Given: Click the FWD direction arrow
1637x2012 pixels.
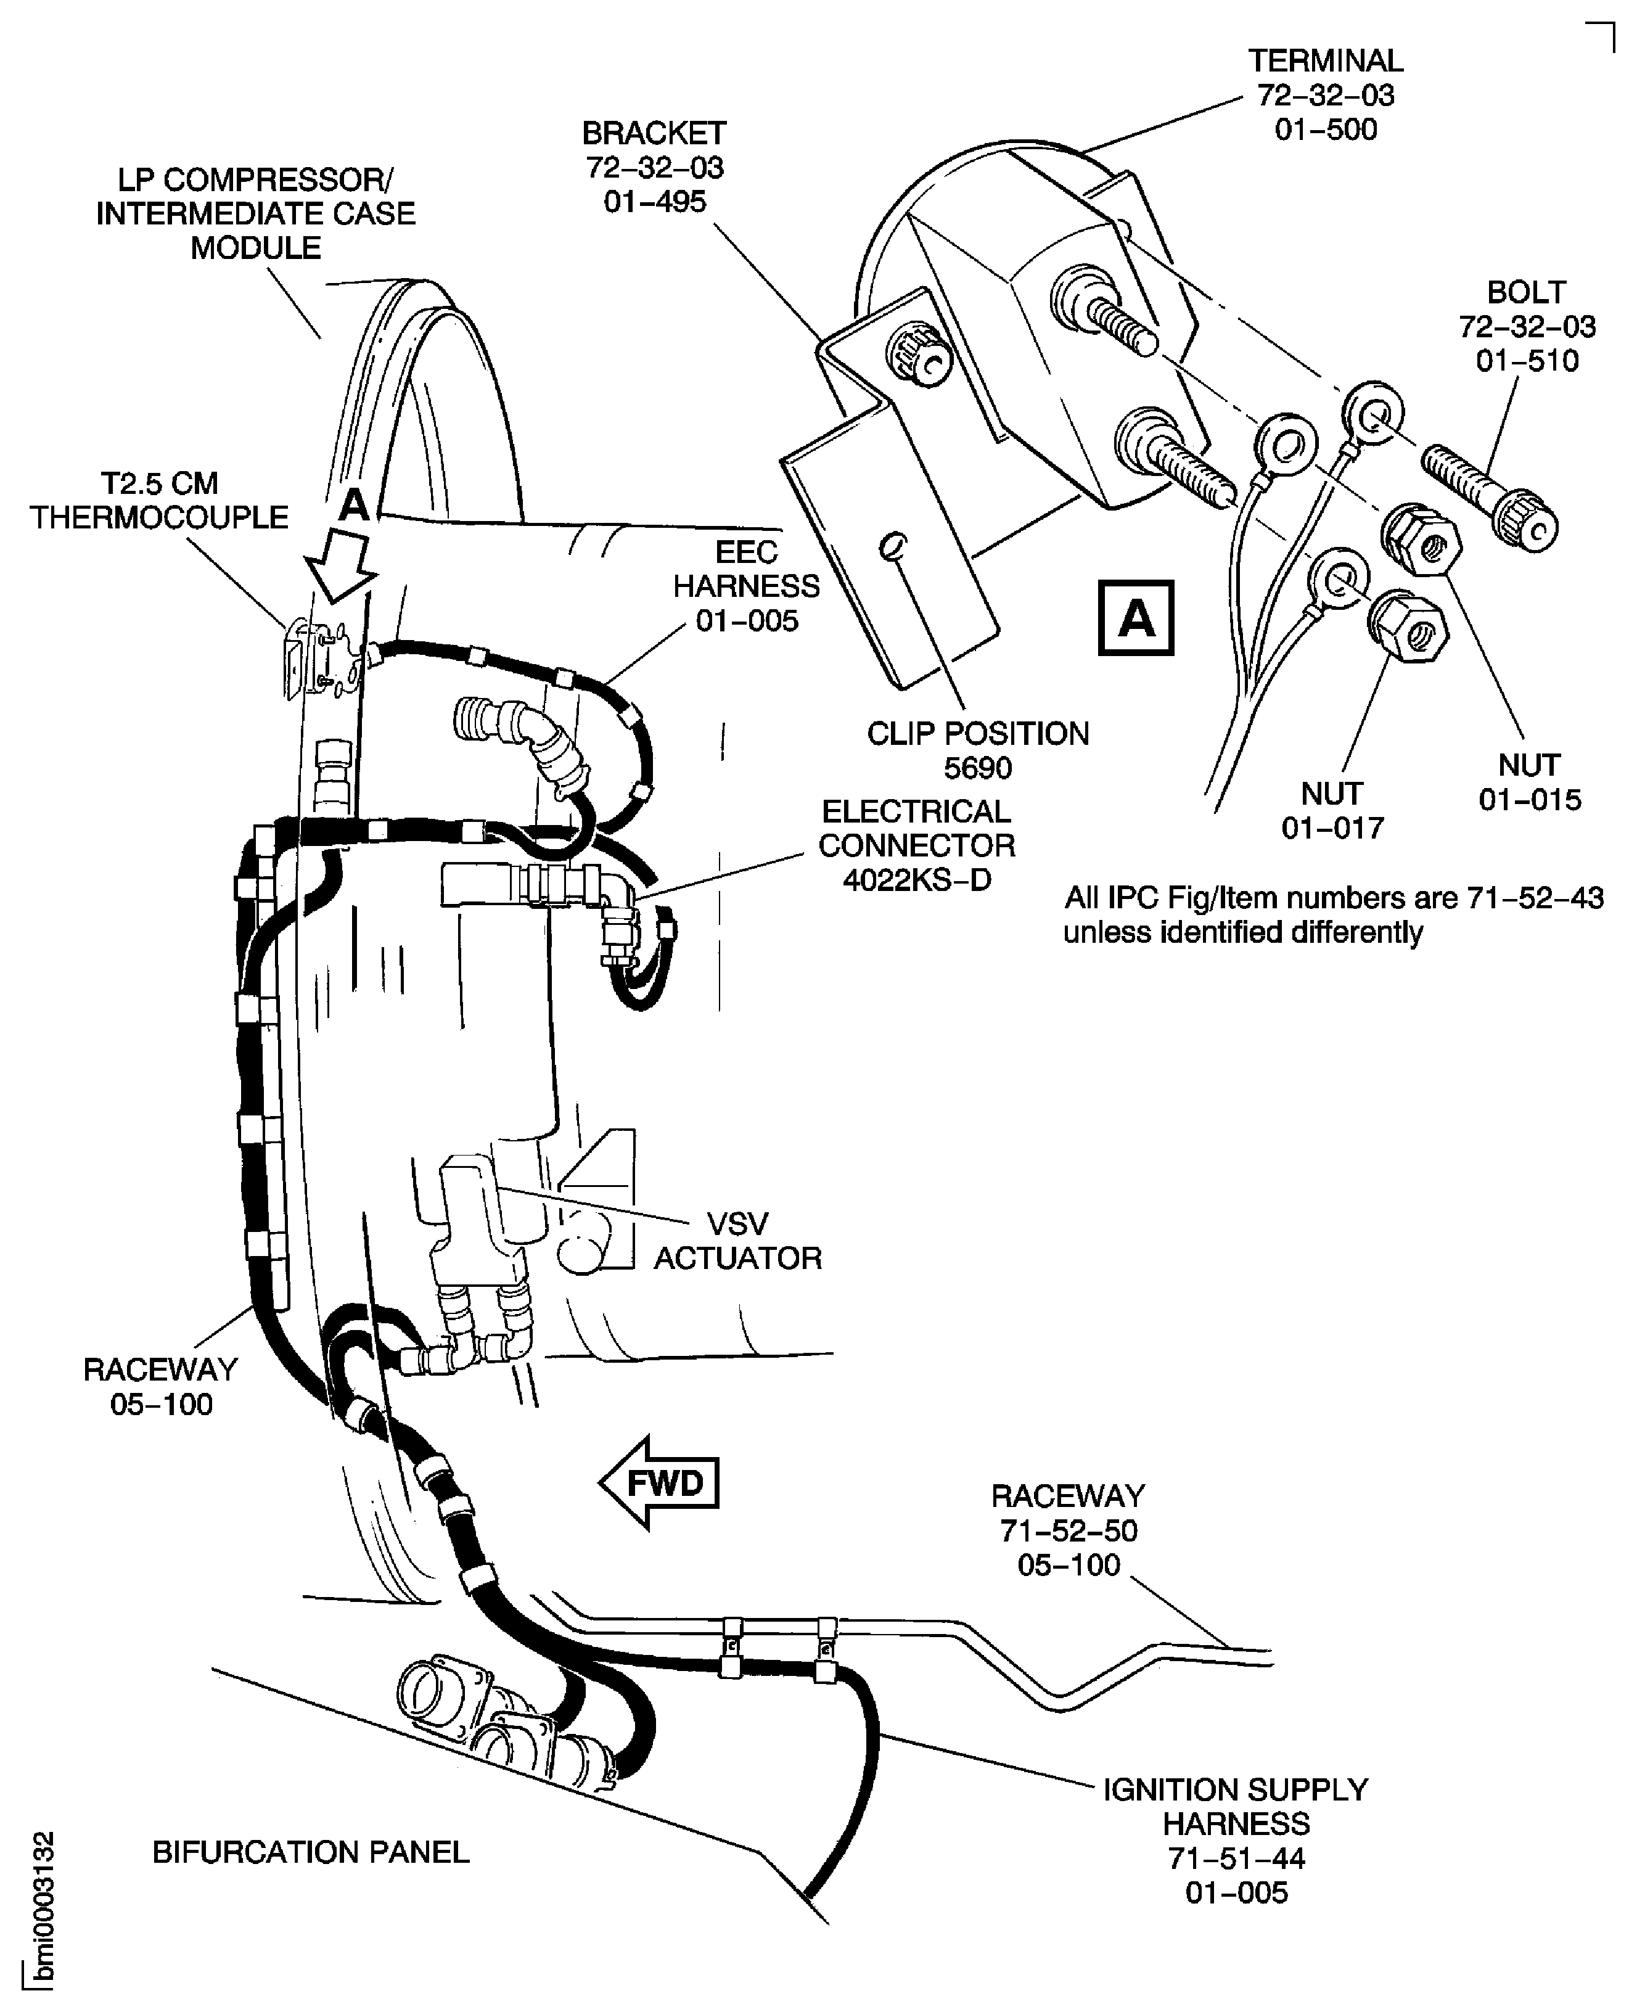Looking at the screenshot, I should [x=660, y=1482].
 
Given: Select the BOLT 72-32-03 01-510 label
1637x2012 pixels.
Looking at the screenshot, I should [x=1527, y=326].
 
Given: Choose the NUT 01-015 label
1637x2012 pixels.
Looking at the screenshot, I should [x=1528, y=782].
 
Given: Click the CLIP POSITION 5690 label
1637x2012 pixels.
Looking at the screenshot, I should [x=978, y=750].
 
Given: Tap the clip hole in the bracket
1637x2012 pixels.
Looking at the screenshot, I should [x=892, y=545].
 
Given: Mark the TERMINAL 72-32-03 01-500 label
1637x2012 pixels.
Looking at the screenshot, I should [x=1326, y=95].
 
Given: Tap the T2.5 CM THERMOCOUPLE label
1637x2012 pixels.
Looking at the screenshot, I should [x=159, y=501].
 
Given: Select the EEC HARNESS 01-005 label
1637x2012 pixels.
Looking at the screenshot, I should [x=746, y=586].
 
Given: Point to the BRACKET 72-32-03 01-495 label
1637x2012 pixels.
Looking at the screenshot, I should [x=654, y=168].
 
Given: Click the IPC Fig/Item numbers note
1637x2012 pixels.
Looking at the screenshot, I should [x=1334, y=914].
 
